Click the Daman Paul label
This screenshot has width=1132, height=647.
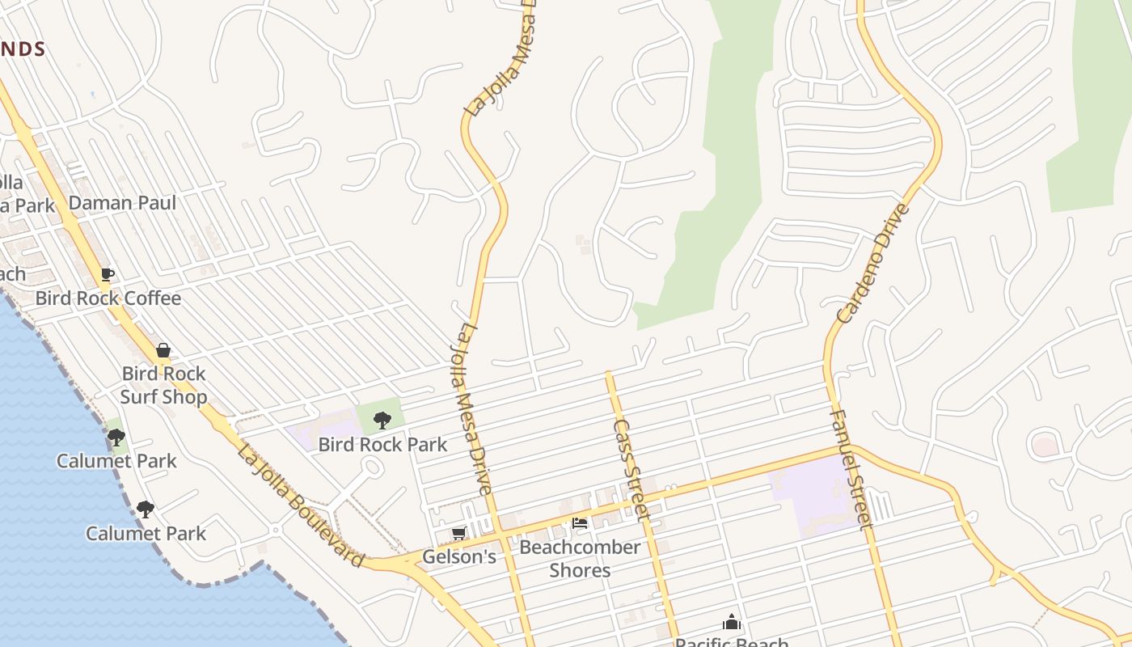click(x=122, y=202)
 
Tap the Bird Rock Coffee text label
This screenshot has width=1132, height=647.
click(x=108, y=298)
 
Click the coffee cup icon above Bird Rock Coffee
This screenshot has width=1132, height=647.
click(x=107, y=275)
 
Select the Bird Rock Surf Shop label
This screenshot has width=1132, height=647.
click(x=163, y=385)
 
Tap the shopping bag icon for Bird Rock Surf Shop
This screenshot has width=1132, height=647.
click(x=163, y=350)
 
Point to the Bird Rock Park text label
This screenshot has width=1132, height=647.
click(x=382, y=444)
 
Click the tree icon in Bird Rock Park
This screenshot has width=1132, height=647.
click(x=382, y=421)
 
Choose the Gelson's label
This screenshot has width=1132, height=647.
click(x=458, y=556)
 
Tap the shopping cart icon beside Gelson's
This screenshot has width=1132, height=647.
click(x=459, y=534)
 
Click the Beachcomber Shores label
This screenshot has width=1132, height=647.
click(x=580, y=558)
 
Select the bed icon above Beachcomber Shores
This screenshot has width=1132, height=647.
click(x=580, y=523)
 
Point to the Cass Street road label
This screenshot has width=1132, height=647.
click(x=632, y=469)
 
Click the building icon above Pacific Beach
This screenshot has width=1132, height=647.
click(x=732, y=622)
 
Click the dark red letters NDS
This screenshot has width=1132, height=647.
click(x=23, y=49)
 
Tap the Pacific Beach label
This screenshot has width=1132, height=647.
click(x=732, y=641)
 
